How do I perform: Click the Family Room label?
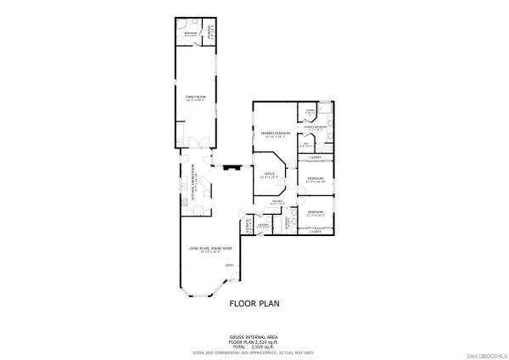pyautogui.click(x=193, y=98)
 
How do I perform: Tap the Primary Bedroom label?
pyautogui.click(x=276, y=134)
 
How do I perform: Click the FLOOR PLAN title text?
pyautogui.click(x=254, y=302)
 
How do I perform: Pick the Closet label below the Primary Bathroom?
pyautogui.click(x=315, y=158)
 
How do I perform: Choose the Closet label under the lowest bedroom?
pyautogui.click(x=315, y=231)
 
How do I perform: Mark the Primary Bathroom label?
pyautogui.click(x=316, y=128)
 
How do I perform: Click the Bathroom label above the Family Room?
pyautogui.click(x=191, y=35)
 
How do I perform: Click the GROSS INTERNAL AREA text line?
pyautogui.click(x=254, y=337)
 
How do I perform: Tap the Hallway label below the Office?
pyautogui.click(x=277, y=202)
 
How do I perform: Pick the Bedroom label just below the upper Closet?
pyautogui.click(x=315, y=179)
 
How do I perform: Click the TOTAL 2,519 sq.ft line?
pyautogui.click(x=254, y=347)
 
